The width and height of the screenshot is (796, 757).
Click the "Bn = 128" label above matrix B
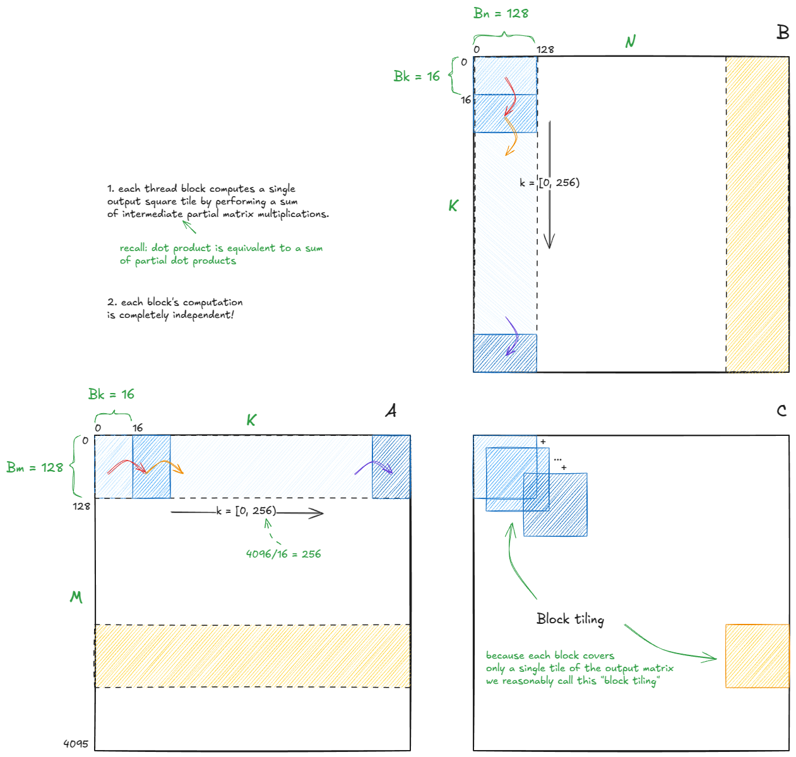click(501, 13)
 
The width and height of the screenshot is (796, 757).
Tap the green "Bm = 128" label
click(35, 467)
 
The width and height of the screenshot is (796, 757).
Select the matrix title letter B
click(783, 32)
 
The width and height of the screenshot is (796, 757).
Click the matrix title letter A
click(391, 411)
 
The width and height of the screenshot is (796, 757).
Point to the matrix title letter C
click(781, 411)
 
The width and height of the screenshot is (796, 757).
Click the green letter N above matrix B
click(630, 42)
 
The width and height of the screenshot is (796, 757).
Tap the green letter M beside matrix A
click(76, 597)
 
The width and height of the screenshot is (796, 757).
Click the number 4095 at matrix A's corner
click(76, 744)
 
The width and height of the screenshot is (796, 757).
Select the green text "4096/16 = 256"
click(283, 554)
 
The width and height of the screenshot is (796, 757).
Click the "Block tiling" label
click(570, 619)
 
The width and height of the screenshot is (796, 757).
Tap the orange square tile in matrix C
click(757, 656)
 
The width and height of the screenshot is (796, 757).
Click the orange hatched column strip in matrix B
click(757, 214)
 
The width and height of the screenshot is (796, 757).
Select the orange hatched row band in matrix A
click(252, 656)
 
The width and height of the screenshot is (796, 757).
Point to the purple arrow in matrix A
click(374, 467)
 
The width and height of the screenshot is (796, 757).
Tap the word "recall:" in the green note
click(134, 248)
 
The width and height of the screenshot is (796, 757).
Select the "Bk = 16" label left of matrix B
click(417, 76)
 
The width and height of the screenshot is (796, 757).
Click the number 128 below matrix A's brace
click(81, 506)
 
